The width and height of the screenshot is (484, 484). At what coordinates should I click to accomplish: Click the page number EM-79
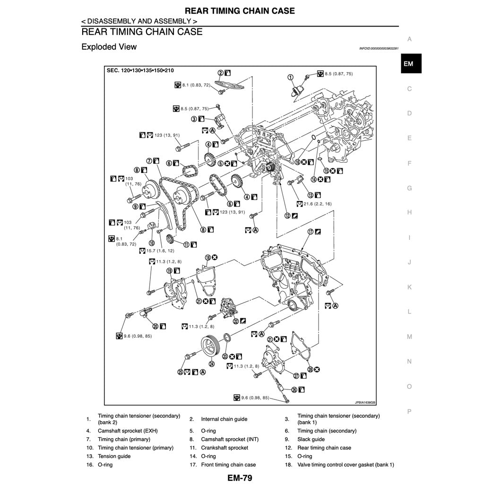click(x=240, y=477)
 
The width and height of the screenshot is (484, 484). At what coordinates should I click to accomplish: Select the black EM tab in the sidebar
click(x=409, y=64)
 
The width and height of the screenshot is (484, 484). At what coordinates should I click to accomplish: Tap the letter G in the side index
click(x=409, y=188)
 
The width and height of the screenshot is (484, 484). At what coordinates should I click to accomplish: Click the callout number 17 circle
click(x=311, y=232)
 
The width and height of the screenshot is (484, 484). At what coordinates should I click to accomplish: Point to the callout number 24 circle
click(x=212, y=364)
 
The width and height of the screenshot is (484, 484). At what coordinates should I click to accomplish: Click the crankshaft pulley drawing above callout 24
click(x=210, y=347)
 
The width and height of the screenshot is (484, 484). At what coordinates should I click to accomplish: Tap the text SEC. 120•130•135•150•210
click(x=140, y=70)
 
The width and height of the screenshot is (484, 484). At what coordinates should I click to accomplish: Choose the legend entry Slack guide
click(x=311, y=439)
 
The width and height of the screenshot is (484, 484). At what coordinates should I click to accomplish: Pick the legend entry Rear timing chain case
click(x=324, y=448)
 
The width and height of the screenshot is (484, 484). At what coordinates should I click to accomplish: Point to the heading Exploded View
click(x=109, y=47)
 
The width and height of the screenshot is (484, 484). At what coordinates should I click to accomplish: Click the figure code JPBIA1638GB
click(x=365, y=403)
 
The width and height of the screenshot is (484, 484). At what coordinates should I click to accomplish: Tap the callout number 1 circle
click(x=290, y=77)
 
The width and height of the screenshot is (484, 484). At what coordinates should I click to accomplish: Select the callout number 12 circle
click(x=287, y=215)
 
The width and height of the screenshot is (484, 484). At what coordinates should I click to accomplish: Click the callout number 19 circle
click(x=169, y=270)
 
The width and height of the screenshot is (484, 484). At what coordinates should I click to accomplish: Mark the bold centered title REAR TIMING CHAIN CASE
click(x=240, y=11)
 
